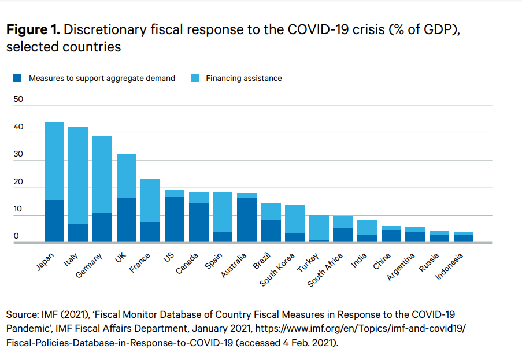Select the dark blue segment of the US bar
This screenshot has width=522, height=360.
click(175, 220)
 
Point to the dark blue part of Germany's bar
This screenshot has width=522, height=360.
click(102, 227)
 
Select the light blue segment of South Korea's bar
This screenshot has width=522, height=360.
click(295, 219)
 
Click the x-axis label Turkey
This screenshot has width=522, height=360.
click(306, 262)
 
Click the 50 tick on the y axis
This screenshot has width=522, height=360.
click(18, 99)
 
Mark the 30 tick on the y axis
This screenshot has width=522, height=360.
click(18, 154)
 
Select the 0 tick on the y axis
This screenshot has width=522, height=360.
click(16, 236)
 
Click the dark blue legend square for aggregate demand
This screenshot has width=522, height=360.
click(17, 78)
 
